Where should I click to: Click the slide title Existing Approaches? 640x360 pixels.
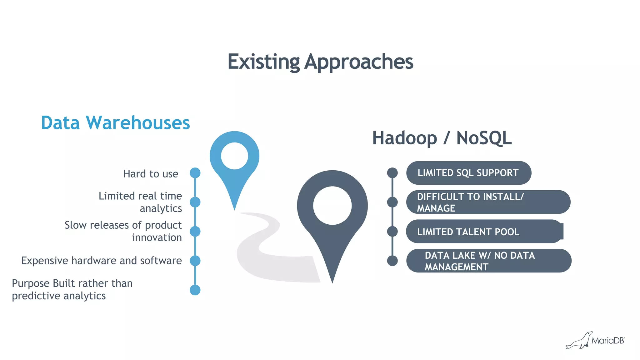(x=320, y=62)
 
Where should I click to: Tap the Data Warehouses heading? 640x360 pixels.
(x=115, y=122)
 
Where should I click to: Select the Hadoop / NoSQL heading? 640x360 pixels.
(x=442, y=138)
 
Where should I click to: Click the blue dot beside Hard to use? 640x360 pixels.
(x=195, y=173)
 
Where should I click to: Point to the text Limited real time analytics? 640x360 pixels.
(x=140, y=202)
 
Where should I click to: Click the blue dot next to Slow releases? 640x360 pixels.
(x=195, y=231)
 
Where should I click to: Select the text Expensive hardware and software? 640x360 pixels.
(x=101, y=260)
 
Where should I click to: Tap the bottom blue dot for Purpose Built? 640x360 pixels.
(x=195, y=290)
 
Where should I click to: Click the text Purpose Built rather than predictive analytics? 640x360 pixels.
(x=72, y=289)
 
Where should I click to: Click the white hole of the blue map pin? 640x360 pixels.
(x=234, y=156)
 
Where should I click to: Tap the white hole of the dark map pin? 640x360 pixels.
(x=332, y=206)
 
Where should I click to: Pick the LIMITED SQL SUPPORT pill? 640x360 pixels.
(x=468, y=173)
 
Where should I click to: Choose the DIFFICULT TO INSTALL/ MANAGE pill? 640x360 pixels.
(x=488, y=202)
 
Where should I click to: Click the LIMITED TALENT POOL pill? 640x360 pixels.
(x=484, y=232)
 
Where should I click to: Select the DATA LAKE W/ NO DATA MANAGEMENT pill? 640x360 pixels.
(x=488, y=261)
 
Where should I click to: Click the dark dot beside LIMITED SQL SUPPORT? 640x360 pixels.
(x=392, y=173)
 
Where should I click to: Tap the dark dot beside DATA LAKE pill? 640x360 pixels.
(x=392, y=261)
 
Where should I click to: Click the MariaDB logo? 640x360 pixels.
(x=595, y=340)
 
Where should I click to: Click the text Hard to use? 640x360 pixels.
(x=151, y=174)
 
